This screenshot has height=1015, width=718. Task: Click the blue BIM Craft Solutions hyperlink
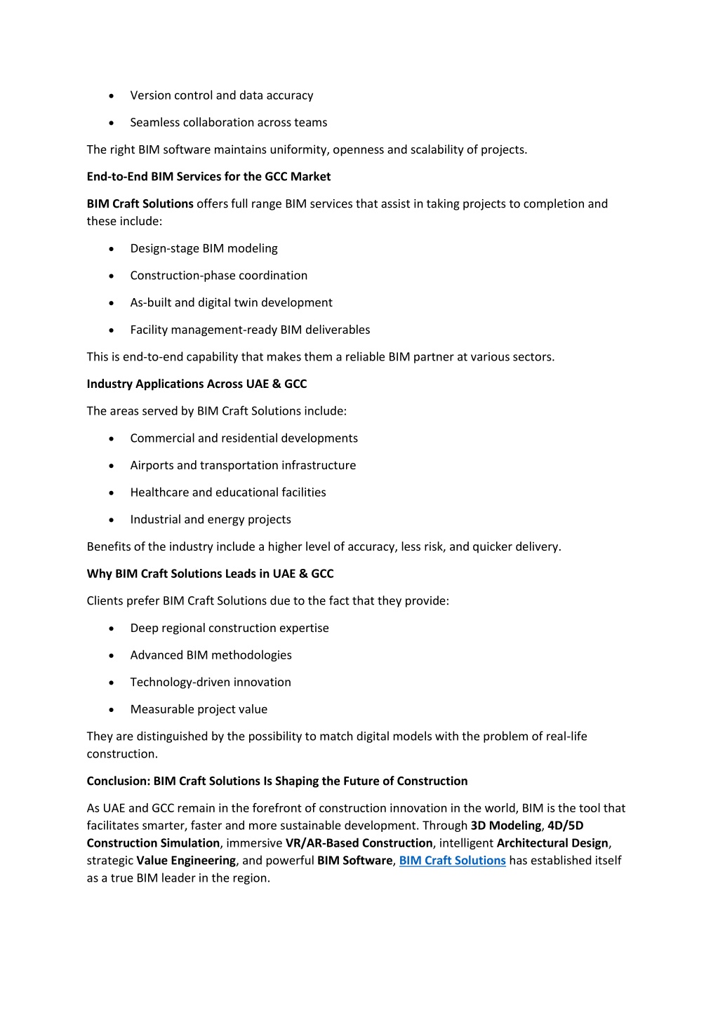[x=452, y=861]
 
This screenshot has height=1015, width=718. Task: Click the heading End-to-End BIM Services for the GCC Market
[x=208, y=177]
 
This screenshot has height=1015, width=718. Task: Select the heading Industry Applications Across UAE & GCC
[x=197, y=384]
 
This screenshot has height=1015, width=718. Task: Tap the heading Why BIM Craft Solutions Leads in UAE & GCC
[x=210, y=574]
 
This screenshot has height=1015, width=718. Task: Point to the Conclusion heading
[x=277, y=781]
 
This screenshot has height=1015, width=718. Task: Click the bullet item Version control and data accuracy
[x=221, y=95]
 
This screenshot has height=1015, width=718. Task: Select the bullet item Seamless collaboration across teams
[x=228, y=123]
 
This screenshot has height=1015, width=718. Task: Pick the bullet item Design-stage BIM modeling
[x=204, y=249]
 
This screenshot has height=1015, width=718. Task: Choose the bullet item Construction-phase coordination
[x=218, y=276]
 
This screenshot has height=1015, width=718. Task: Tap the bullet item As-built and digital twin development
[x=231, y=303]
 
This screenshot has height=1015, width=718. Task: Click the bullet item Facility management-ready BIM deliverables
[x=250, y=330]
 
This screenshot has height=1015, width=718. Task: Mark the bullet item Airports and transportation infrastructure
[x=243, y=466]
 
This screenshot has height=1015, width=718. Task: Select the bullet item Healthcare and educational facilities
[x=227, y=492]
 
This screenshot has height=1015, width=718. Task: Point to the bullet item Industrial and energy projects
[x=210, y=520]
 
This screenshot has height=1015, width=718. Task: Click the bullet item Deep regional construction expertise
[x=229, y=629]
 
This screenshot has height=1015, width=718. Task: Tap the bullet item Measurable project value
[x=199, y=710]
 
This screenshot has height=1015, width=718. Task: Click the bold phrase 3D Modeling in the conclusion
[x=505, y=826]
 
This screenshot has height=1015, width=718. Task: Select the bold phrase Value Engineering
[x=186, y=861]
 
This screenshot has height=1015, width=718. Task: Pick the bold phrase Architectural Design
[x=552, y=843]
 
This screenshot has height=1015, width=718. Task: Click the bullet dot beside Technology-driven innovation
[x=112, y=683]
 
